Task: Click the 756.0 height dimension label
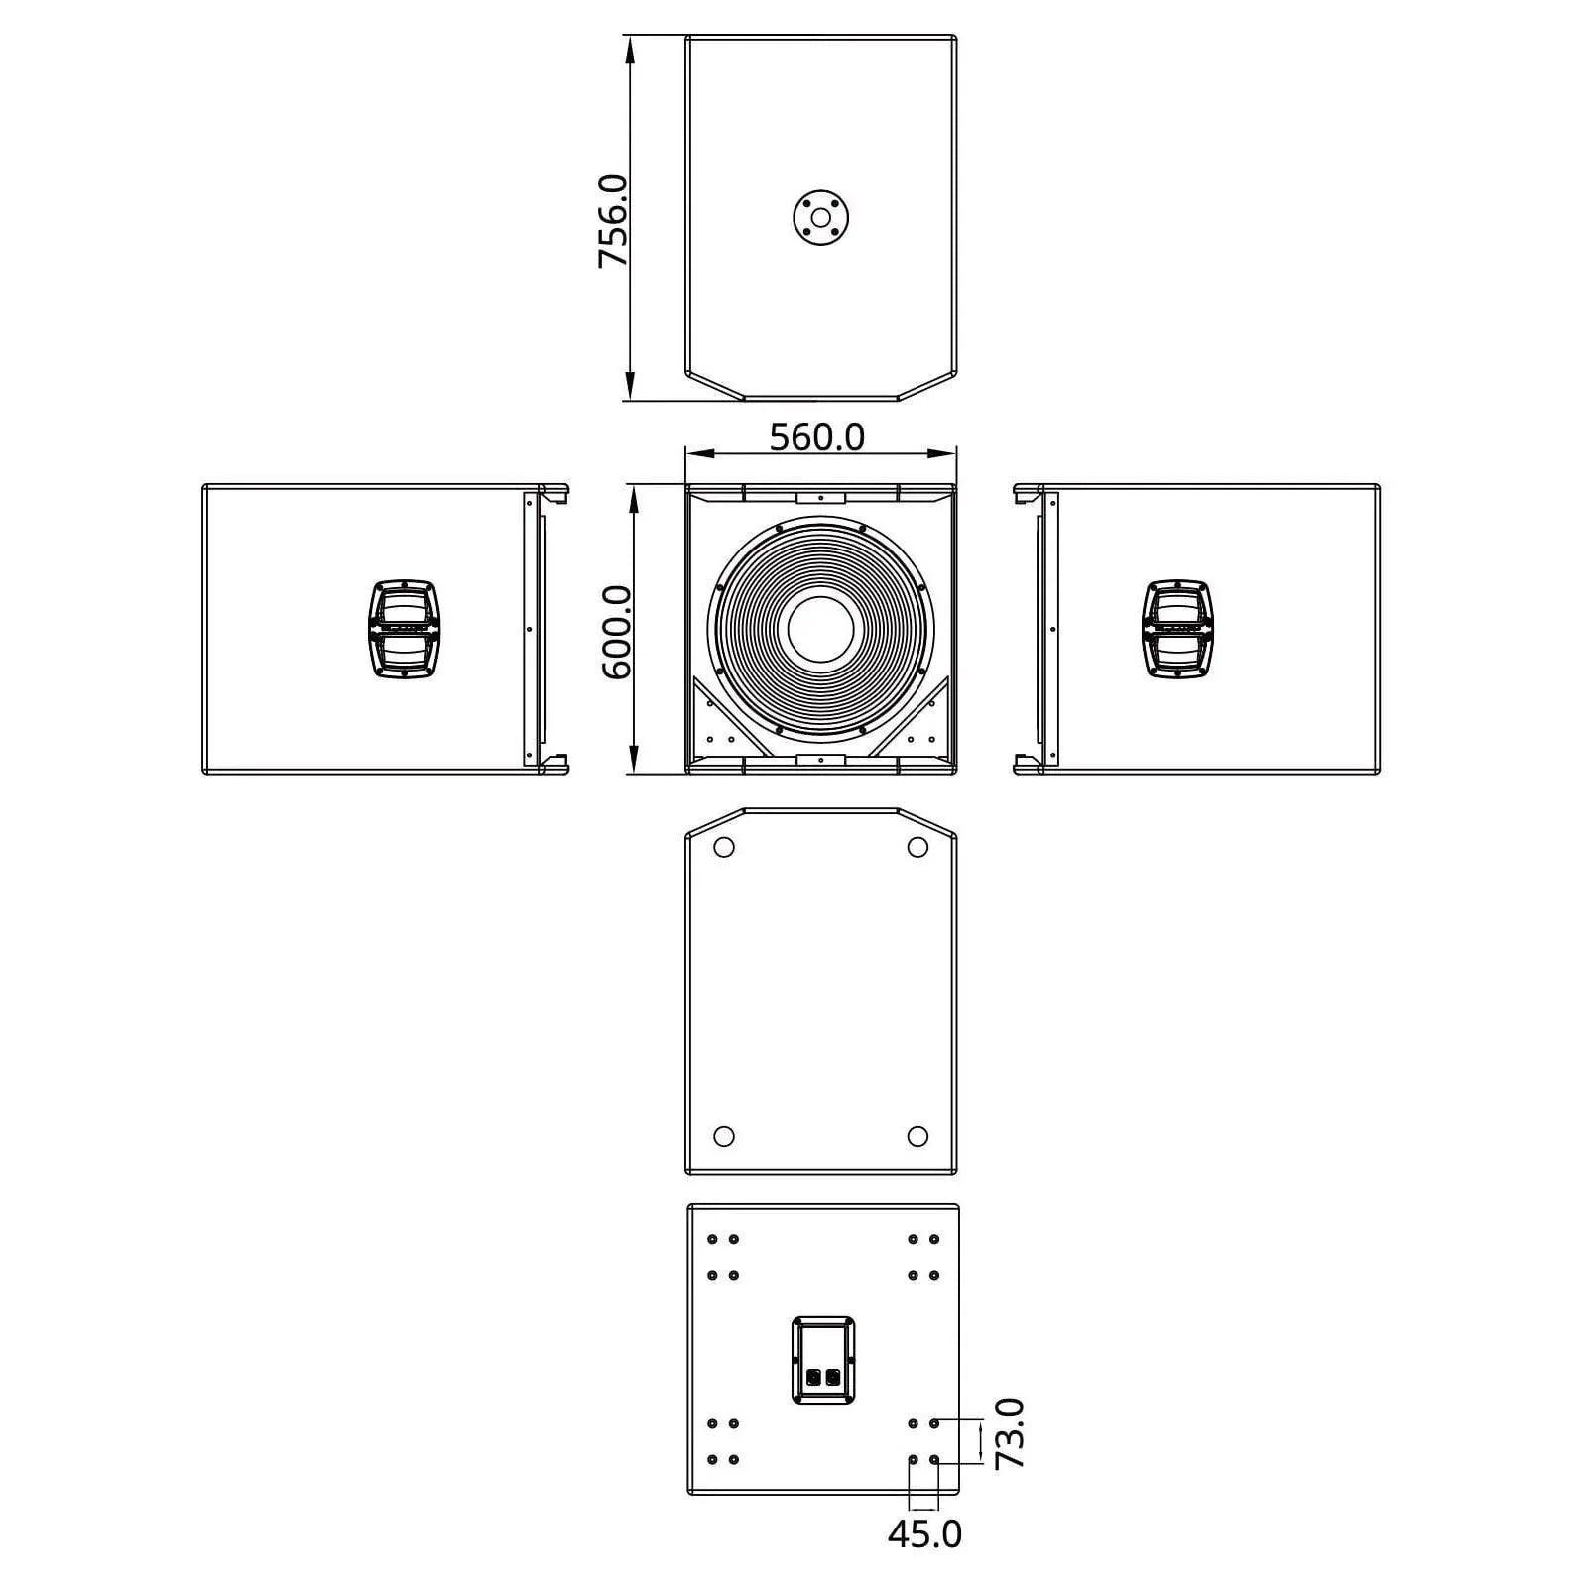coord(613,220)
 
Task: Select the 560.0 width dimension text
coord(818,436)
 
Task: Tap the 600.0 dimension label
coord(617,632)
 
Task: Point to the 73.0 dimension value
coord(1010,1433)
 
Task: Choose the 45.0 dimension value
coord(924,1533)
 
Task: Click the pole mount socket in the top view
coord(820,217)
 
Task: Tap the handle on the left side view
coord(405,629)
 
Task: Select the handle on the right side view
coord(1178,629)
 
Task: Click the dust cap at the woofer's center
coord(821,629)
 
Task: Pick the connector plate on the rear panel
coord(823,1360)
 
